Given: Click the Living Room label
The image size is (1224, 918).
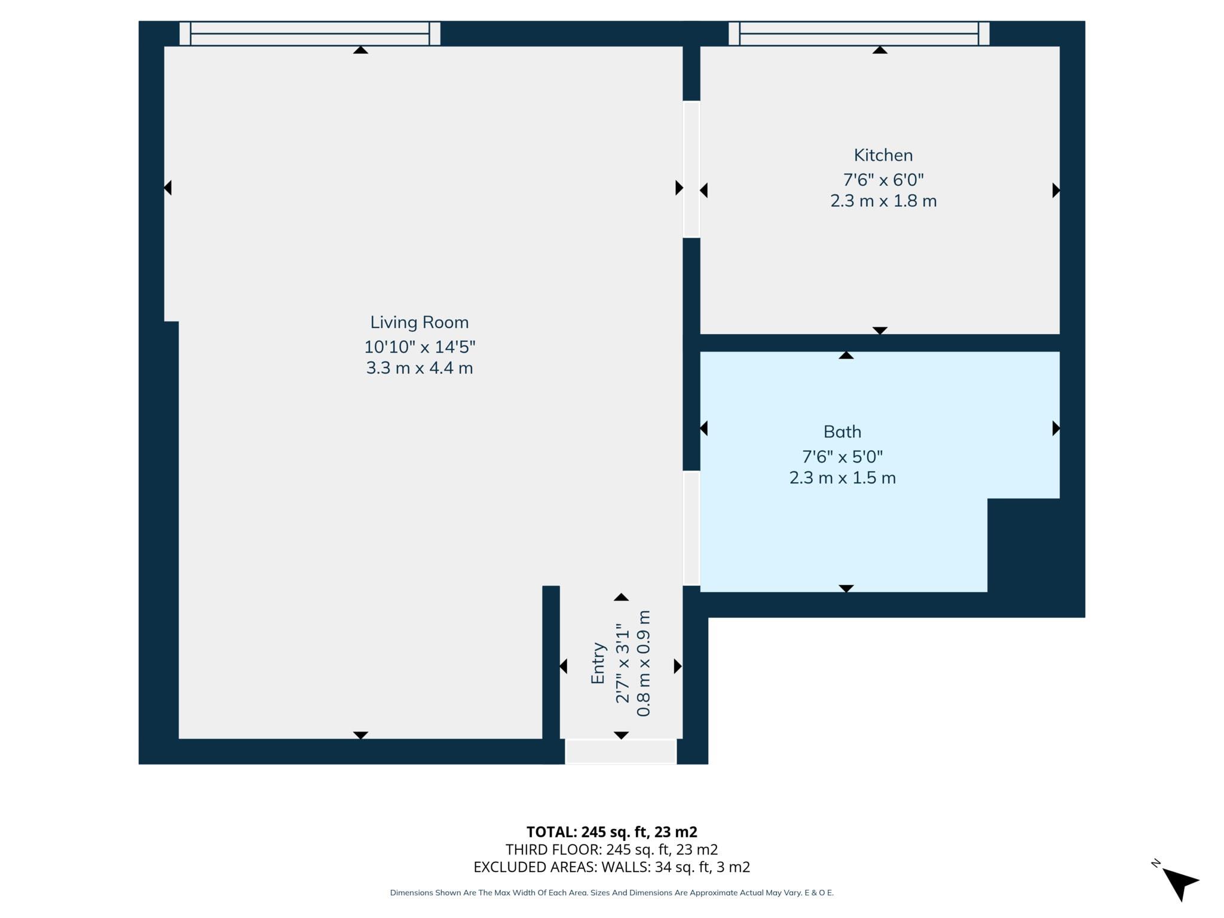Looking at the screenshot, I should tap(419, 322).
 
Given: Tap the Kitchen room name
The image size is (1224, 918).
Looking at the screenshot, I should tap(883, 155).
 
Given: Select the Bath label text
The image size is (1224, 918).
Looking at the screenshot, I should tap(842, 432).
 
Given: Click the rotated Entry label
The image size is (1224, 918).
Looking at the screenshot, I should tap(598, 663).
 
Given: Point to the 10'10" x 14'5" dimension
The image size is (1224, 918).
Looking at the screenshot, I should tap(420, 347).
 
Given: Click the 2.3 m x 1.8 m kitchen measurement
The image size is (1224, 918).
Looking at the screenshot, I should tap(883, 201).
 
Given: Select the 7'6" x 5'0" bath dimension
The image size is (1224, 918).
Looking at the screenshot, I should tap(842, 457).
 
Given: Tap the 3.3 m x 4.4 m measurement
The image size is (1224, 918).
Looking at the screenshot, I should tap(420, 368).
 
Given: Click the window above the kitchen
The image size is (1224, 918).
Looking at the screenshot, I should tap(858, 33).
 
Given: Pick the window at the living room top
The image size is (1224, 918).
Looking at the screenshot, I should tap(310, 33).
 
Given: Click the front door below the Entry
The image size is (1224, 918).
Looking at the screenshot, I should tap(620, 751).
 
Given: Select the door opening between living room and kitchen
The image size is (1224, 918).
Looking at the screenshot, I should tap(691, 169).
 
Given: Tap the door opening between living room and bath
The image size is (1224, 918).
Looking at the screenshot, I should tap(691, 528).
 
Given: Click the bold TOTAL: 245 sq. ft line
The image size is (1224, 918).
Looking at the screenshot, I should tap(611, 832).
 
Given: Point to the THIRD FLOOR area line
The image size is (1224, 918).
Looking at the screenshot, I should tap(611, 849).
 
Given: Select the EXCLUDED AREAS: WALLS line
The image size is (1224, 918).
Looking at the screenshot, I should tap(611, 867).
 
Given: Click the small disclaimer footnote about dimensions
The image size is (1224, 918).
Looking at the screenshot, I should tap(611, 893).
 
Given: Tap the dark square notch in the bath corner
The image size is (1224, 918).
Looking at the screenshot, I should tap(1023, 545).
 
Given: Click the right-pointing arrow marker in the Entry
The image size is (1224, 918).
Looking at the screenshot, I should tap(677, 666).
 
